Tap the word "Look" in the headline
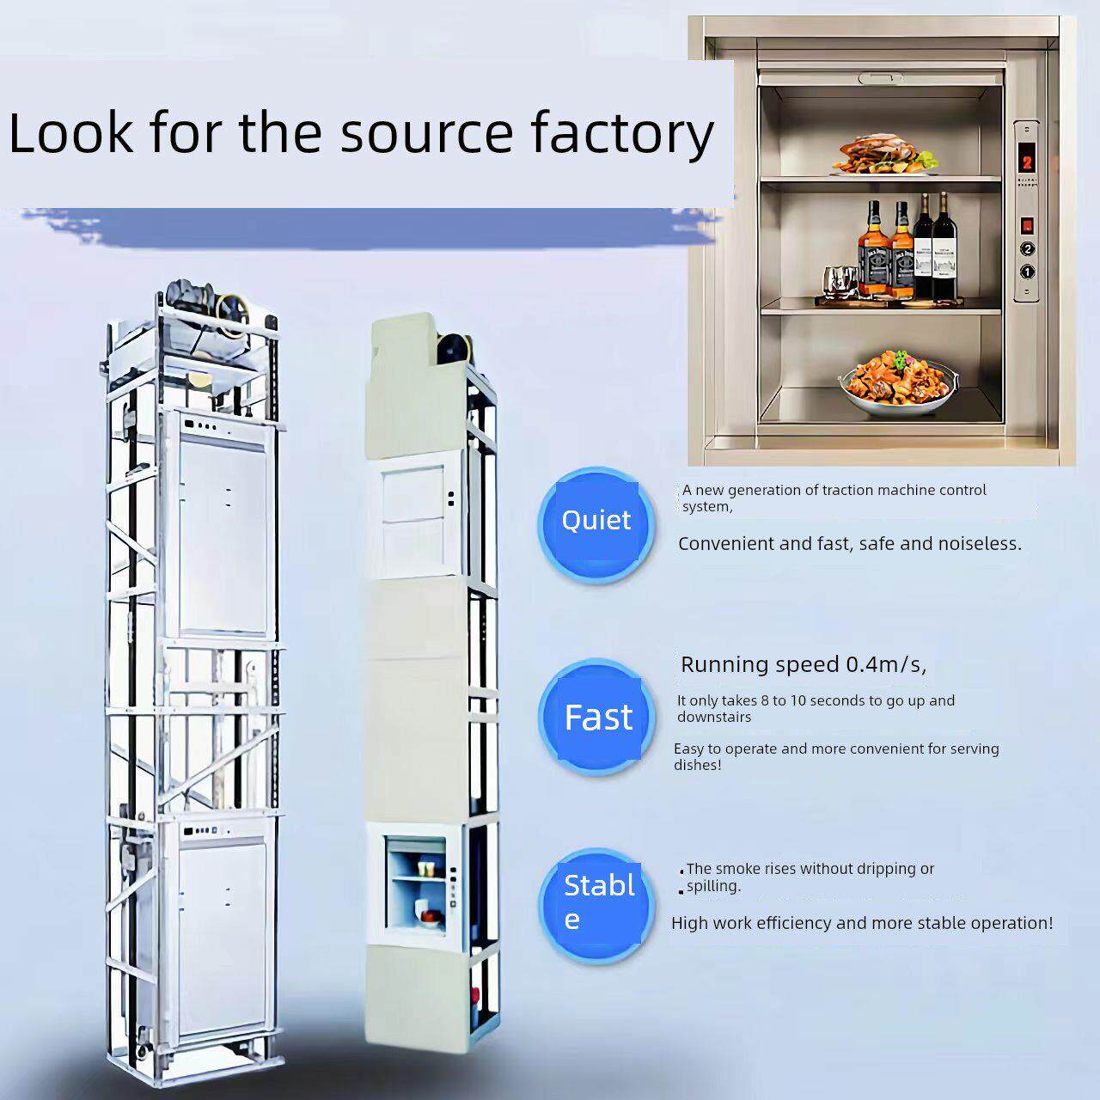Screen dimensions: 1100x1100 tap(70, 133)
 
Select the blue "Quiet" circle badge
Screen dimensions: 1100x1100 tap(596, 524)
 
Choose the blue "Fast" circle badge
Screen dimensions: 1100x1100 tap(597, 717)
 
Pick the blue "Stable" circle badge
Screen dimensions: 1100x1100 tap(597, 907)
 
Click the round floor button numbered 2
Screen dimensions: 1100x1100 tap(1027, 249)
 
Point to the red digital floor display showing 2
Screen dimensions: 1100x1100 tap(1027, 163)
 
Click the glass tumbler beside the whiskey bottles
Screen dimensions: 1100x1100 tap(839, 283)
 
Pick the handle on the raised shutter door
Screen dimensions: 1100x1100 tap(881, 77)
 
